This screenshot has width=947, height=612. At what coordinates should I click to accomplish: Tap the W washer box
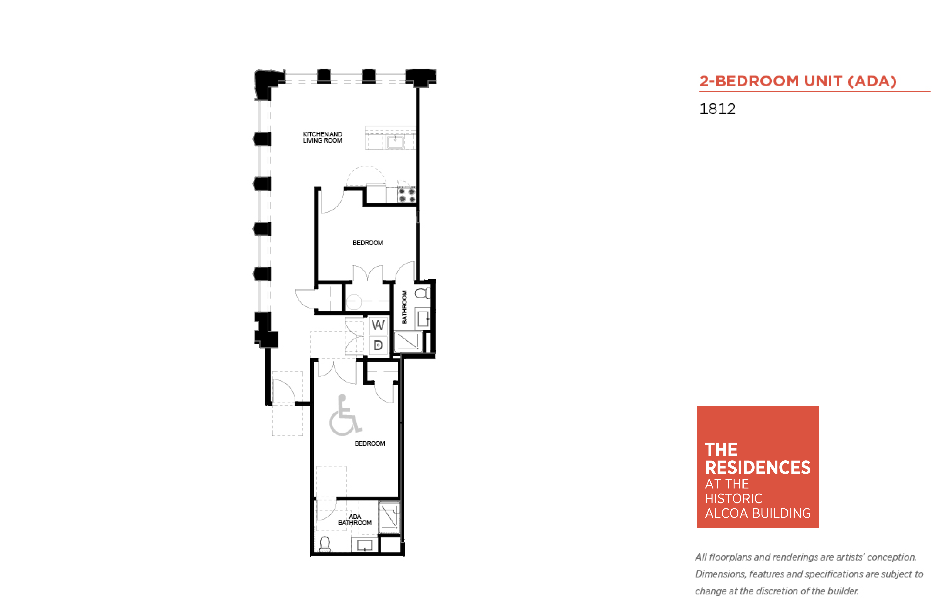tap(378, 325)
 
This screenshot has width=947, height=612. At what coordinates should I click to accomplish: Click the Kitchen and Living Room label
tap(322, 137)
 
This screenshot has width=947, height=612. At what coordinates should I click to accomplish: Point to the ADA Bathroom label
tap(355, 519)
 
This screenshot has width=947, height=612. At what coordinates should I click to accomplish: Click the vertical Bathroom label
tap(404, 307)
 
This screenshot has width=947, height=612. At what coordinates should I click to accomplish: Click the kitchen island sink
tap(395, 141)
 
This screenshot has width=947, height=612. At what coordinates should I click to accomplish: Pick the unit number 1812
tap(717, 109)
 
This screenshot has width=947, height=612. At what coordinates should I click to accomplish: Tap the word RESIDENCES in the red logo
tap(757, 467)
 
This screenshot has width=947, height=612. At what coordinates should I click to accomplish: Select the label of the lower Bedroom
tap(370, 443)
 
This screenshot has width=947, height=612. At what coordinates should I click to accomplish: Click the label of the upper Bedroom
tap(368, 242)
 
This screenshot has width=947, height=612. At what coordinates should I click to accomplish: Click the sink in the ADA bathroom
tap(365, 545)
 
